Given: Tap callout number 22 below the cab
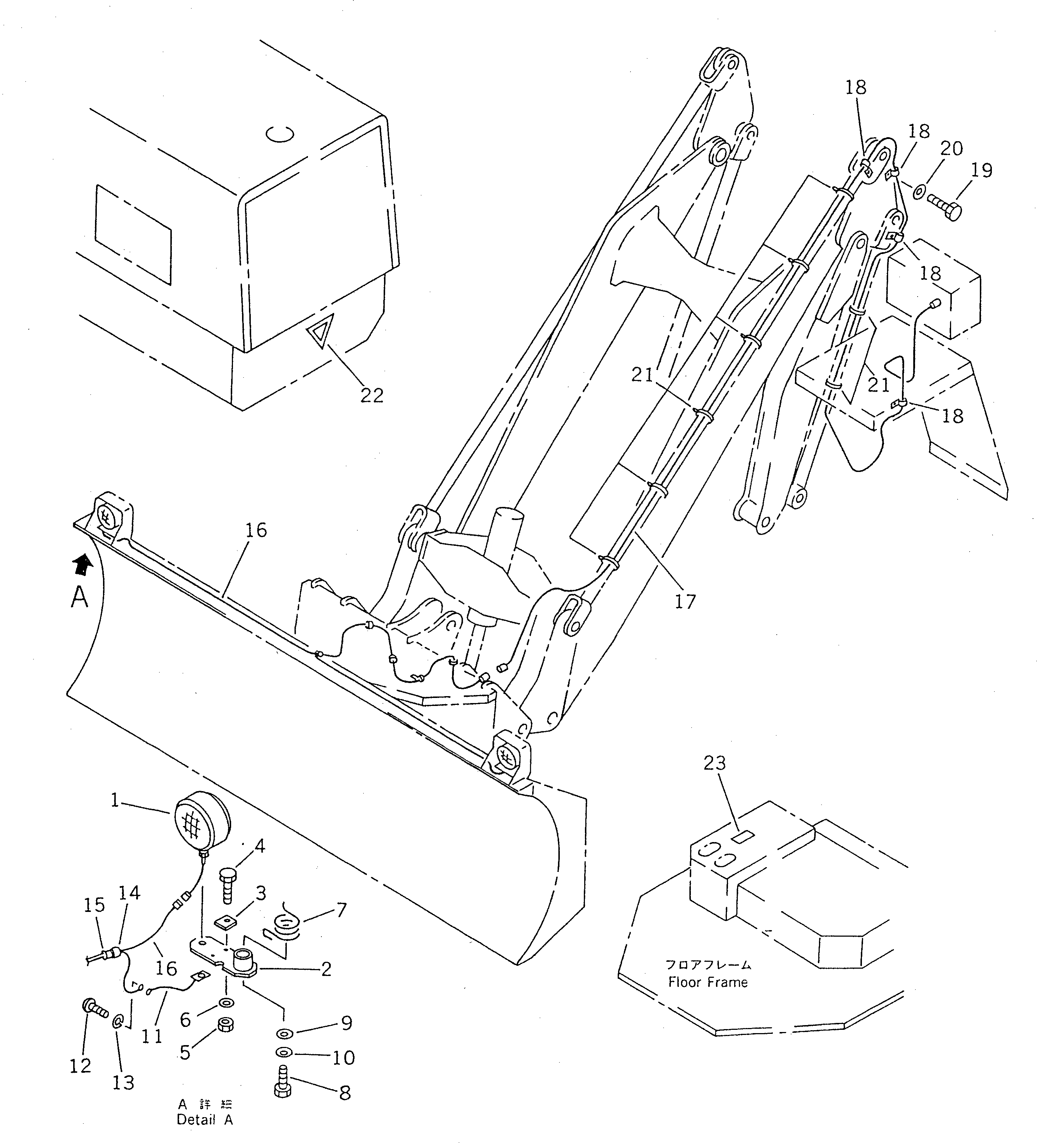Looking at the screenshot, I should (x=372, y=395).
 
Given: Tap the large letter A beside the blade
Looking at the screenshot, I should (x=79, y=597).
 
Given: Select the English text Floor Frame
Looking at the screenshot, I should (x=708, y=983).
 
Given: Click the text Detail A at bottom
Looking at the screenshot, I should (x=204, y=1120).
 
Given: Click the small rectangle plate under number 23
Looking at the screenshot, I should (x=743, y=836).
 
